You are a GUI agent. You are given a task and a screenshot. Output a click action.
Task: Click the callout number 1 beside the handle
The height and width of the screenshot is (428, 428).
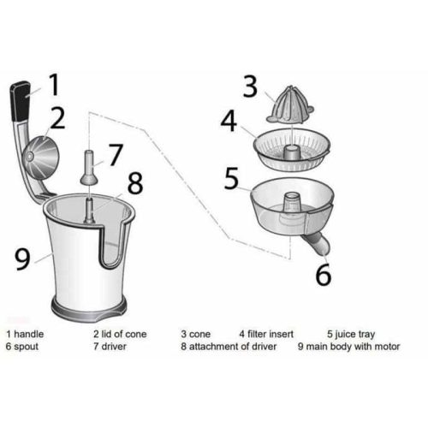(x=53, y=86)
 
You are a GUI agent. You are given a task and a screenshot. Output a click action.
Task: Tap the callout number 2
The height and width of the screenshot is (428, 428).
(x=57, y=118)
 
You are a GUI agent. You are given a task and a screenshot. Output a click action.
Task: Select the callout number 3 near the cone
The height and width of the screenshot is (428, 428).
(x=249, y=87)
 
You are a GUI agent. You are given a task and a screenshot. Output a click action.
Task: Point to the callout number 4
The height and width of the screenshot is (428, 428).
(x=229, y=121)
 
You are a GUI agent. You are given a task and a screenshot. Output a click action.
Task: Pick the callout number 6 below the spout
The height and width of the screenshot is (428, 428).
(x=323, y=275)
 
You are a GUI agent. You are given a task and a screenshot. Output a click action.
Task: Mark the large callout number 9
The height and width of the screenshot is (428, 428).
(x=24, y=257)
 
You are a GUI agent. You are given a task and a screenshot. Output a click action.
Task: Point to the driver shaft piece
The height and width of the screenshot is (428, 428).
(x=88, y=167)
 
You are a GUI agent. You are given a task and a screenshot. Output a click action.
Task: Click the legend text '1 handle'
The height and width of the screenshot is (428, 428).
(x=27, y=334)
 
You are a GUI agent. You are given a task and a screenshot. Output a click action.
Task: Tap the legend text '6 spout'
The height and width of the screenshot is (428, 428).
(x=23, y=347)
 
